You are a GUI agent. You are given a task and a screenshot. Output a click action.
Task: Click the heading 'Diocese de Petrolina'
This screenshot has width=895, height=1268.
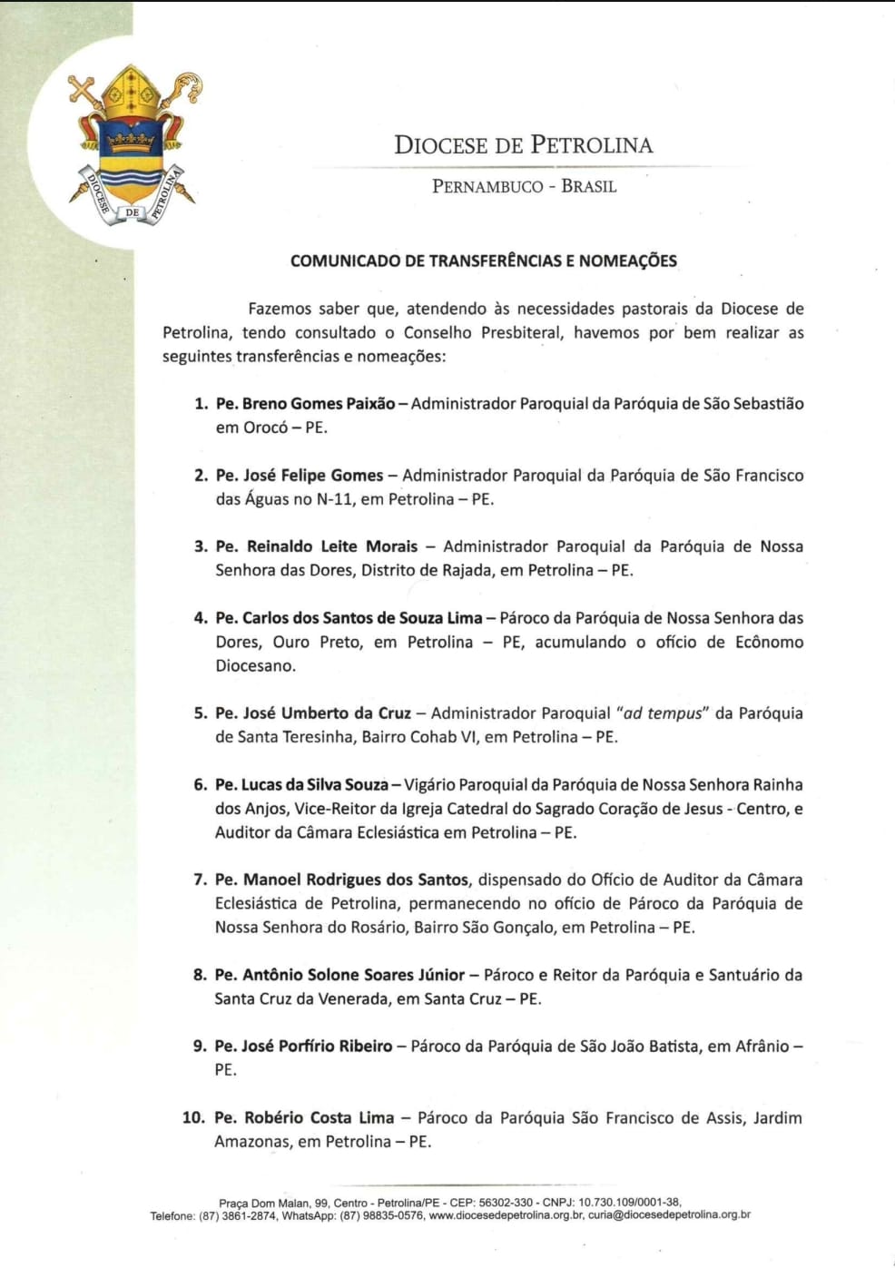523,145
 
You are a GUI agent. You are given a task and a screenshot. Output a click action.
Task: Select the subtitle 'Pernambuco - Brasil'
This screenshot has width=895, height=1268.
524,187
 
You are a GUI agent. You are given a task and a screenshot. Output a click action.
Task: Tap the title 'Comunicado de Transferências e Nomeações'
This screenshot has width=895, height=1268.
484,261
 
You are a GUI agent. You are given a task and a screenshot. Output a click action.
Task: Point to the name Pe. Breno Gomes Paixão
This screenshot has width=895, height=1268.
305,404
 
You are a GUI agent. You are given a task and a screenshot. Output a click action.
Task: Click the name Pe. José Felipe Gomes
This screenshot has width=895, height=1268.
300,476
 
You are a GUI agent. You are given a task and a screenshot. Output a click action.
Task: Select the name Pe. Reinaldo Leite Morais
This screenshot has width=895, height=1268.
317,546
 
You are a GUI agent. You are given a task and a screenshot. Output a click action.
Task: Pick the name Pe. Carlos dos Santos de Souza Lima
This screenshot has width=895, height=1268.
349,618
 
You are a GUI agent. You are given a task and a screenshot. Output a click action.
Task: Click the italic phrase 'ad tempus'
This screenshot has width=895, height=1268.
663,713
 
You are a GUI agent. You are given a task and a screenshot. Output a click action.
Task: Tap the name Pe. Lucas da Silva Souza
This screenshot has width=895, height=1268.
301,785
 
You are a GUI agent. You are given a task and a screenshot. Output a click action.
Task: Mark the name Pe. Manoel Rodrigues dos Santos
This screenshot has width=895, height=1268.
341,880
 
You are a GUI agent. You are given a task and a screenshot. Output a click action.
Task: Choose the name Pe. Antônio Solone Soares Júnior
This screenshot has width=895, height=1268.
339,975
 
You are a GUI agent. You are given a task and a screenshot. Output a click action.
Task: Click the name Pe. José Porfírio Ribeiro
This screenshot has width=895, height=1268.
303,1047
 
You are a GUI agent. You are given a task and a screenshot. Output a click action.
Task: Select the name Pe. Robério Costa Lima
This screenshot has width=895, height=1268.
304,1118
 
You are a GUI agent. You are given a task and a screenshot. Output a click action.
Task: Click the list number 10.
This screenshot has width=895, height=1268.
193,1118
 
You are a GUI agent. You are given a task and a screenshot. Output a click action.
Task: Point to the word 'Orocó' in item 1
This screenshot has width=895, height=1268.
265,428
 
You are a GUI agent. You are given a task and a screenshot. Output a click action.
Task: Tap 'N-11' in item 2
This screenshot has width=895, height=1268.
335,499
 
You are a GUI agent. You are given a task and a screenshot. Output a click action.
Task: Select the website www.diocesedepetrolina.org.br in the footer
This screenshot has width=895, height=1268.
506,1215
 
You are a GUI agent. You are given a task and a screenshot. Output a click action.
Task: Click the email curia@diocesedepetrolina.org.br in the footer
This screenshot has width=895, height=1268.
669,1215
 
